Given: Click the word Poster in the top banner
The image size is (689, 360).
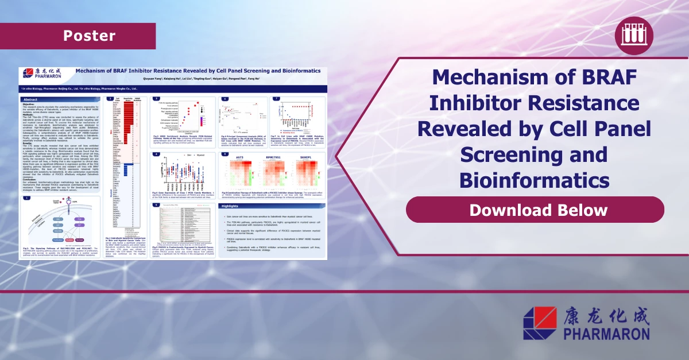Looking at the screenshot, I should tap(89, 36).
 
